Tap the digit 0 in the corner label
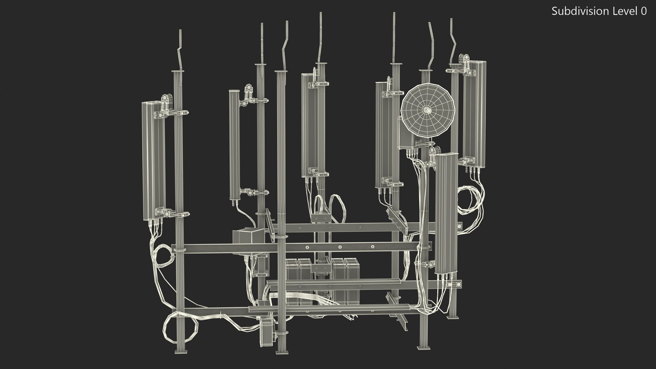(x=643, y=11)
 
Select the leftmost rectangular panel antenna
(x=153, y=161)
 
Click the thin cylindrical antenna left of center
(x=234, y=145)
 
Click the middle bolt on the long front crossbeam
(x=340, y=247)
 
